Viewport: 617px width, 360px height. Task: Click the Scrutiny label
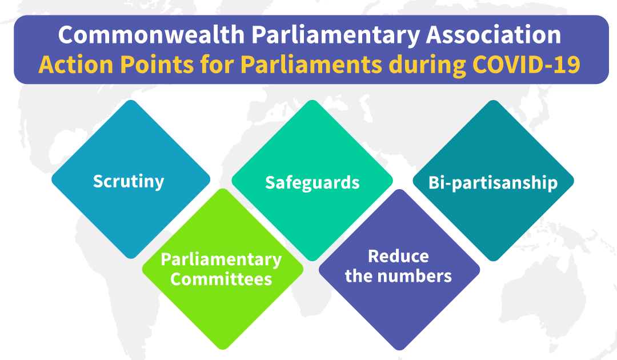click(x=129, y=181)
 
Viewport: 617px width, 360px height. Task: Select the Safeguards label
click(x=312, y=182)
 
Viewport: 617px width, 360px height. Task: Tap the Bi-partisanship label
click(x=493, y=183)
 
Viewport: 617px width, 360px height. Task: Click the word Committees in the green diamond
click(x=221, y=279)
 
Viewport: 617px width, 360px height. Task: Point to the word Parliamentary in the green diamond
click(x=221, y=260)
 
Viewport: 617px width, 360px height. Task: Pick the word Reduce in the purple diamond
click(x=398, y=256)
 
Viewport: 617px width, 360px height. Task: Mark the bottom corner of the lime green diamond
click(x=222, y=348)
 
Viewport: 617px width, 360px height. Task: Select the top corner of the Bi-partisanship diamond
click(x=493, y=102)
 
